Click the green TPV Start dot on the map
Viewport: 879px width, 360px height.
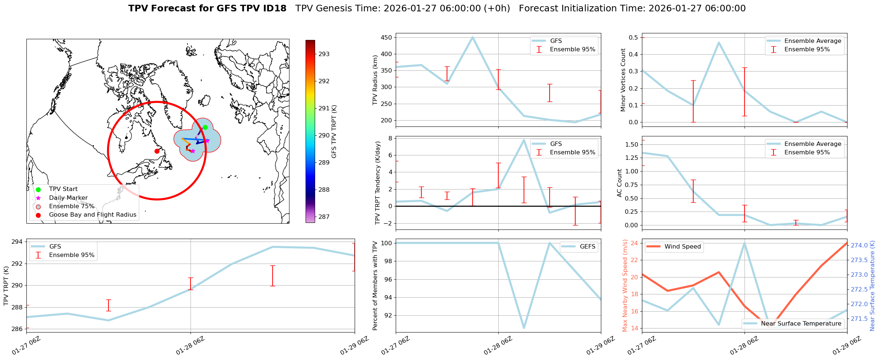point(205,127)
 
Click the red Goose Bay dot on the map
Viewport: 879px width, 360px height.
point(157,151)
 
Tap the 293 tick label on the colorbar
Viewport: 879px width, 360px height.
point(324,54)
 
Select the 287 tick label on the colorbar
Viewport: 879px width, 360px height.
point(324,217)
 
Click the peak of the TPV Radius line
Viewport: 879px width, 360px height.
point(473,37)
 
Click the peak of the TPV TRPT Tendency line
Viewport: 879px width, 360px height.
point(524,140)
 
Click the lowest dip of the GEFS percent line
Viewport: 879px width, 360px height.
point(524,328)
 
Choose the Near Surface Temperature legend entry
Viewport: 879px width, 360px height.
point(801,323)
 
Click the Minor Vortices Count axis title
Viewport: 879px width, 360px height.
point(623,80)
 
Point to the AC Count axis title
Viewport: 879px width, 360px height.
point(620,183)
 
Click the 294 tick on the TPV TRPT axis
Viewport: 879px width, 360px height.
point(18,242)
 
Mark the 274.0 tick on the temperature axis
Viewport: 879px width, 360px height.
point(859,245)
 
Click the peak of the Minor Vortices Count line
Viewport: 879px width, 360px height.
point(719,43)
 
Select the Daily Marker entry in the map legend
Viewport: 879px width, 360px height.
point(68,198)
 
